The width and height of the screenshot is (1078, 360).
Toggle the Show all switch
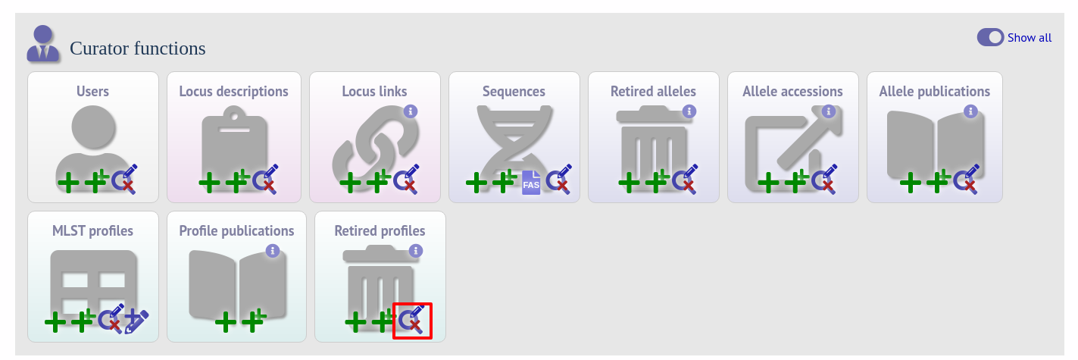tap(990, 38)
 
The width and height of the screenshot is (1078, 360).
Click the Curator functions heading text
tap(138, 49)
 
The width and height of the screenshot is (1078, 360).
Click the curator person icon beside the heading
tap(43, 43)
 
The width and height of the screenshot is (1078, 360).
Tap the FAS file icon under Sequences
tap(531, 183)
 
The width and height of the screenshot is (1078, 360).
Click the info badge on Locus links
tap(410, 111)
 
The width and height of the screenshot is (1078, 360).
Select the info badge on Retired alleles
tap(689, 111)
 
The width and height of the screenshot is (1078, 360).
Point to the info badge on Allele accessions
tap(828, 111)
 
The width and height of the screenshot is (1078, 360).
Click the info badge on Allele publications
tap(970, 111)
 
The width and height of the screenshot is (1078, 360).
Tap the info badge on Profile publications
tap(273, 251)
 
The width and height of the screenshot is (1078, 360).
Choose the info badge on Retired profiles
tap(415, 251)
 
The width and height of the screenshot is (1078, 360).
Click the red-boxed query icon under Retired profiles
tap(412, 320)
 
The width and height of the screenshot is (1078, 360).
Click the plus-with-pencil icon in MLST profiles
tap(136, 321)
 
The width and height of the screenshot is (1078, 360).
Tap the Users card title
tap(93, 92)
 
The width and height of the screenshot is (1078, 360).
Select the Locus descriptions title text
tap(234, 92)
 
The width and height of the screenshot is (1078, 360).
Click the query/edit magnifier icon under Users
tap(125, 179)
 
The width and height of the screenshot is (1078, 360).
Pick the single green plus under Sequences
tap(477, 183)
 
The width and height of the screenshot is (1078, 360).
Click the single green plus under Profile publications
tap(225, 322)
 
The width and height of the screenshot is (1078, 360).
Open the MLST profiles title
tap(93, 231)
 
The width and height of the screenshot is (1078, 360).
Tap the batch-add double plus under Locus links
tap(379, 181)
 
